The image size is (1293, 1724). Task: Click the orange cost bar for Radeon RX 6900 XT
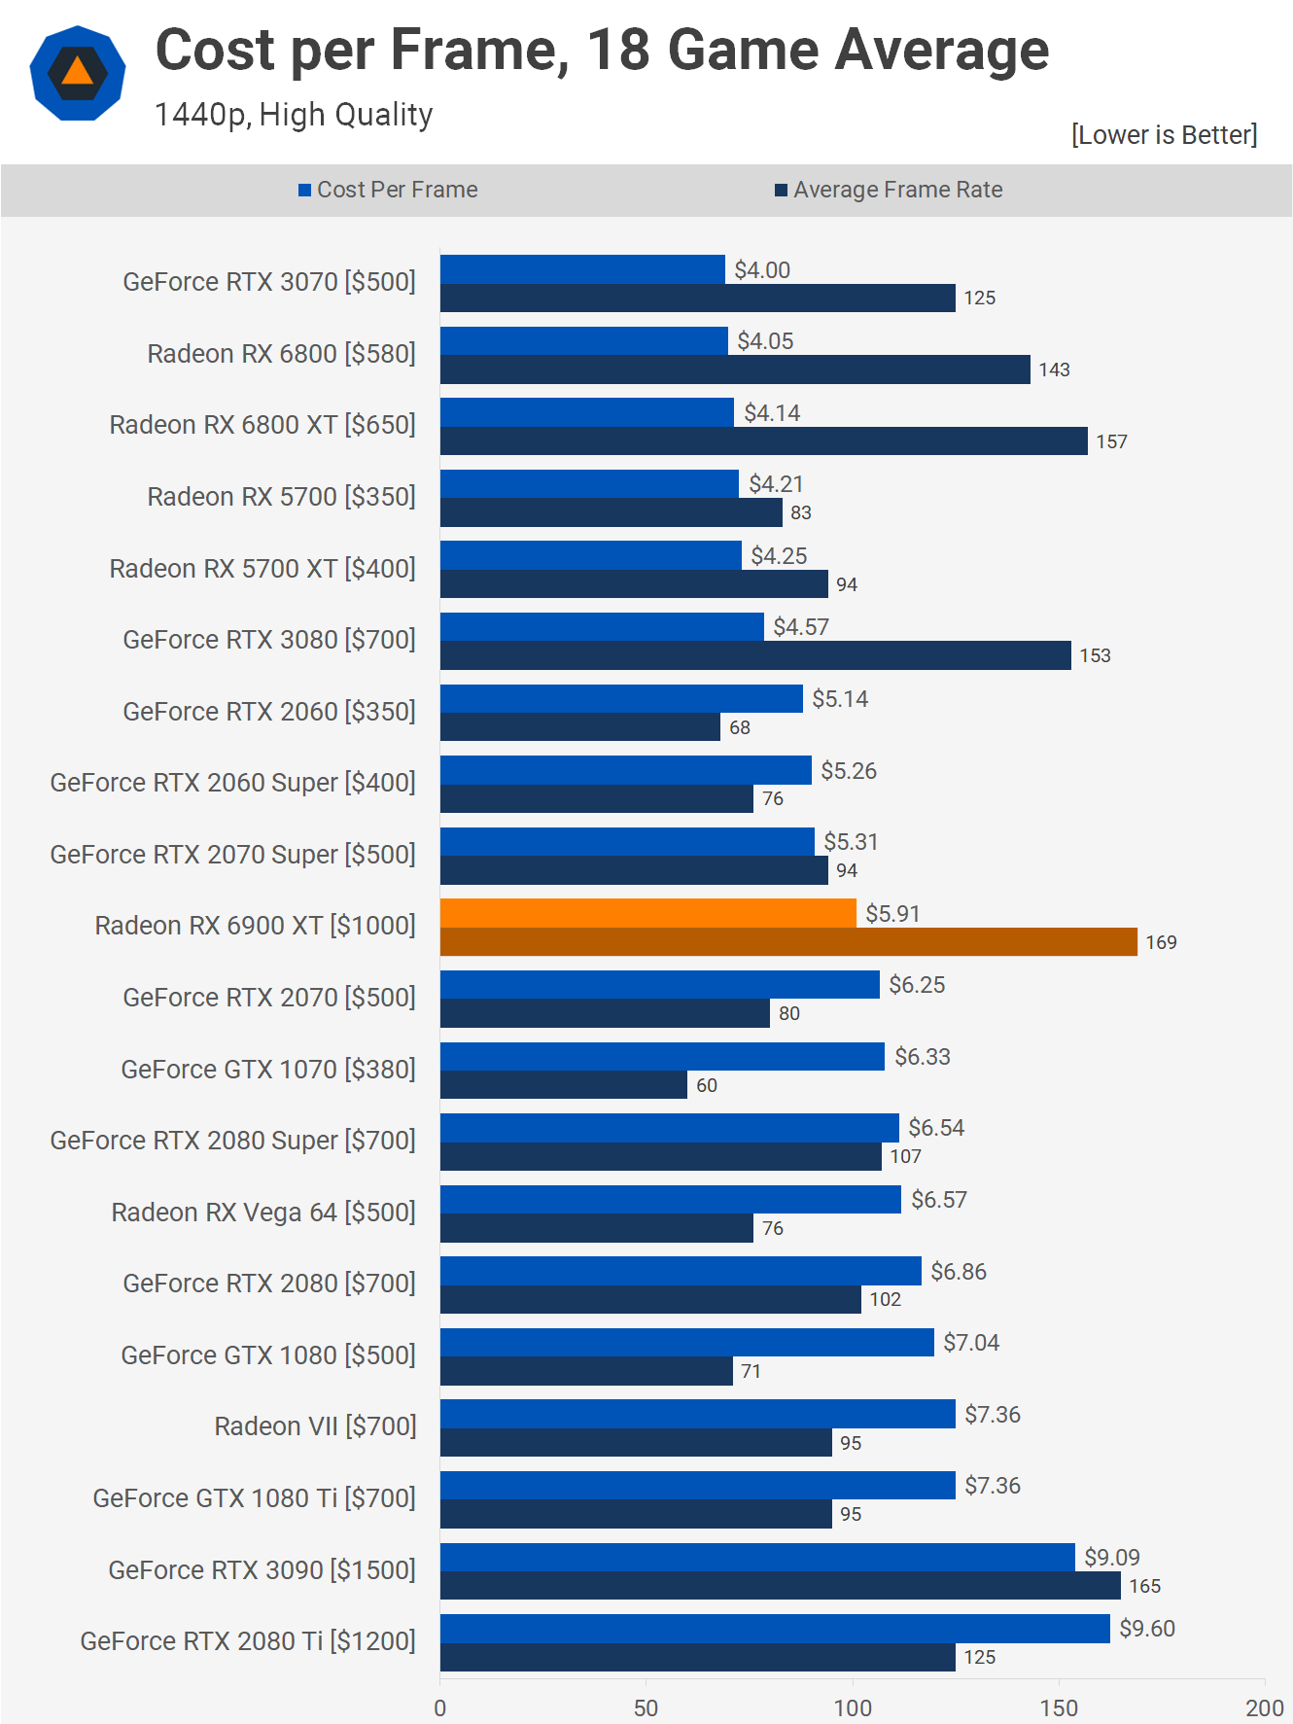(x=647, y=913)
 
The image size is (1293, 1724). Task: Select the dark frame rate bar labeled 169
(x=787, y=942)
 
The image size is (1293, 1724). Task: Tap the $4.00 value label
(x=762, y=269)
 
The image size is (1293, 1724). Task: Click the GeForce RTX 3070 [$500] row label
(x=269, y=282)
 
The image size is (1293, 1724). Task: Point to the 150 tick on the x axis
(x=1059, y=1708)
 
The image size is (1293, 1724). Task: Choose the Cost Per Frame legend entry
(x=389, y=190)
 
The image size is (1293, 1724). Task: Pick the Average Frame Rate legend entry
(x=889, y=190)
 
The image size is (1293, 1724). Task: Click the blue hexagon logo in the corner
(x=78, y=74)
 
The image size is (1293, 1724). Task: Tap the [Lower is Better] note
(x=1164, y=134)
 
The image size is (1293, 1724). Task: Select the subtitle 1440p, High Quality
(x=294, y=115)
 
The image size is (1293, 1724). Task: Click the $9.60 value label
(x=1147, y=1628)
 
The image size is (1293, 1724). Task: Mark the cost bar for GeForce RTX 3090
(x=756, y=1557)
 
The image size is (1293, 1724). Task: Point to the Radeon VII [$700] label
(x=315, y=1426)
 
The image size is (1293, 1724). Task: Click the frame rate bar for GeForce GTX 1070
(x=564, y=1085)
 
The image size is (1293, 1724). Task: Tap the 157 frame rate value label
(x=1111, y=441)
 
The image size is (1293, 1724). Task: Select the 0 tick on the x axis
(x=440, y=1708)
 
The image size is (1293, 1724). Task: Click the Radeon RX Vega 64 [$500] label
(x=263, y=1213)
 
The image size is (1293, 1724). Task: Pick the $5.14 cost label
(x=840, y=698)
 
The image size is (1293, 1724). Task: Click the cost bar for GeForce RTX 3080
(x=602, y=627)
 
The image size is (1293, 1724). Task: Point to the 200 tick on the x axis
(x=1264, y=1708)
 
